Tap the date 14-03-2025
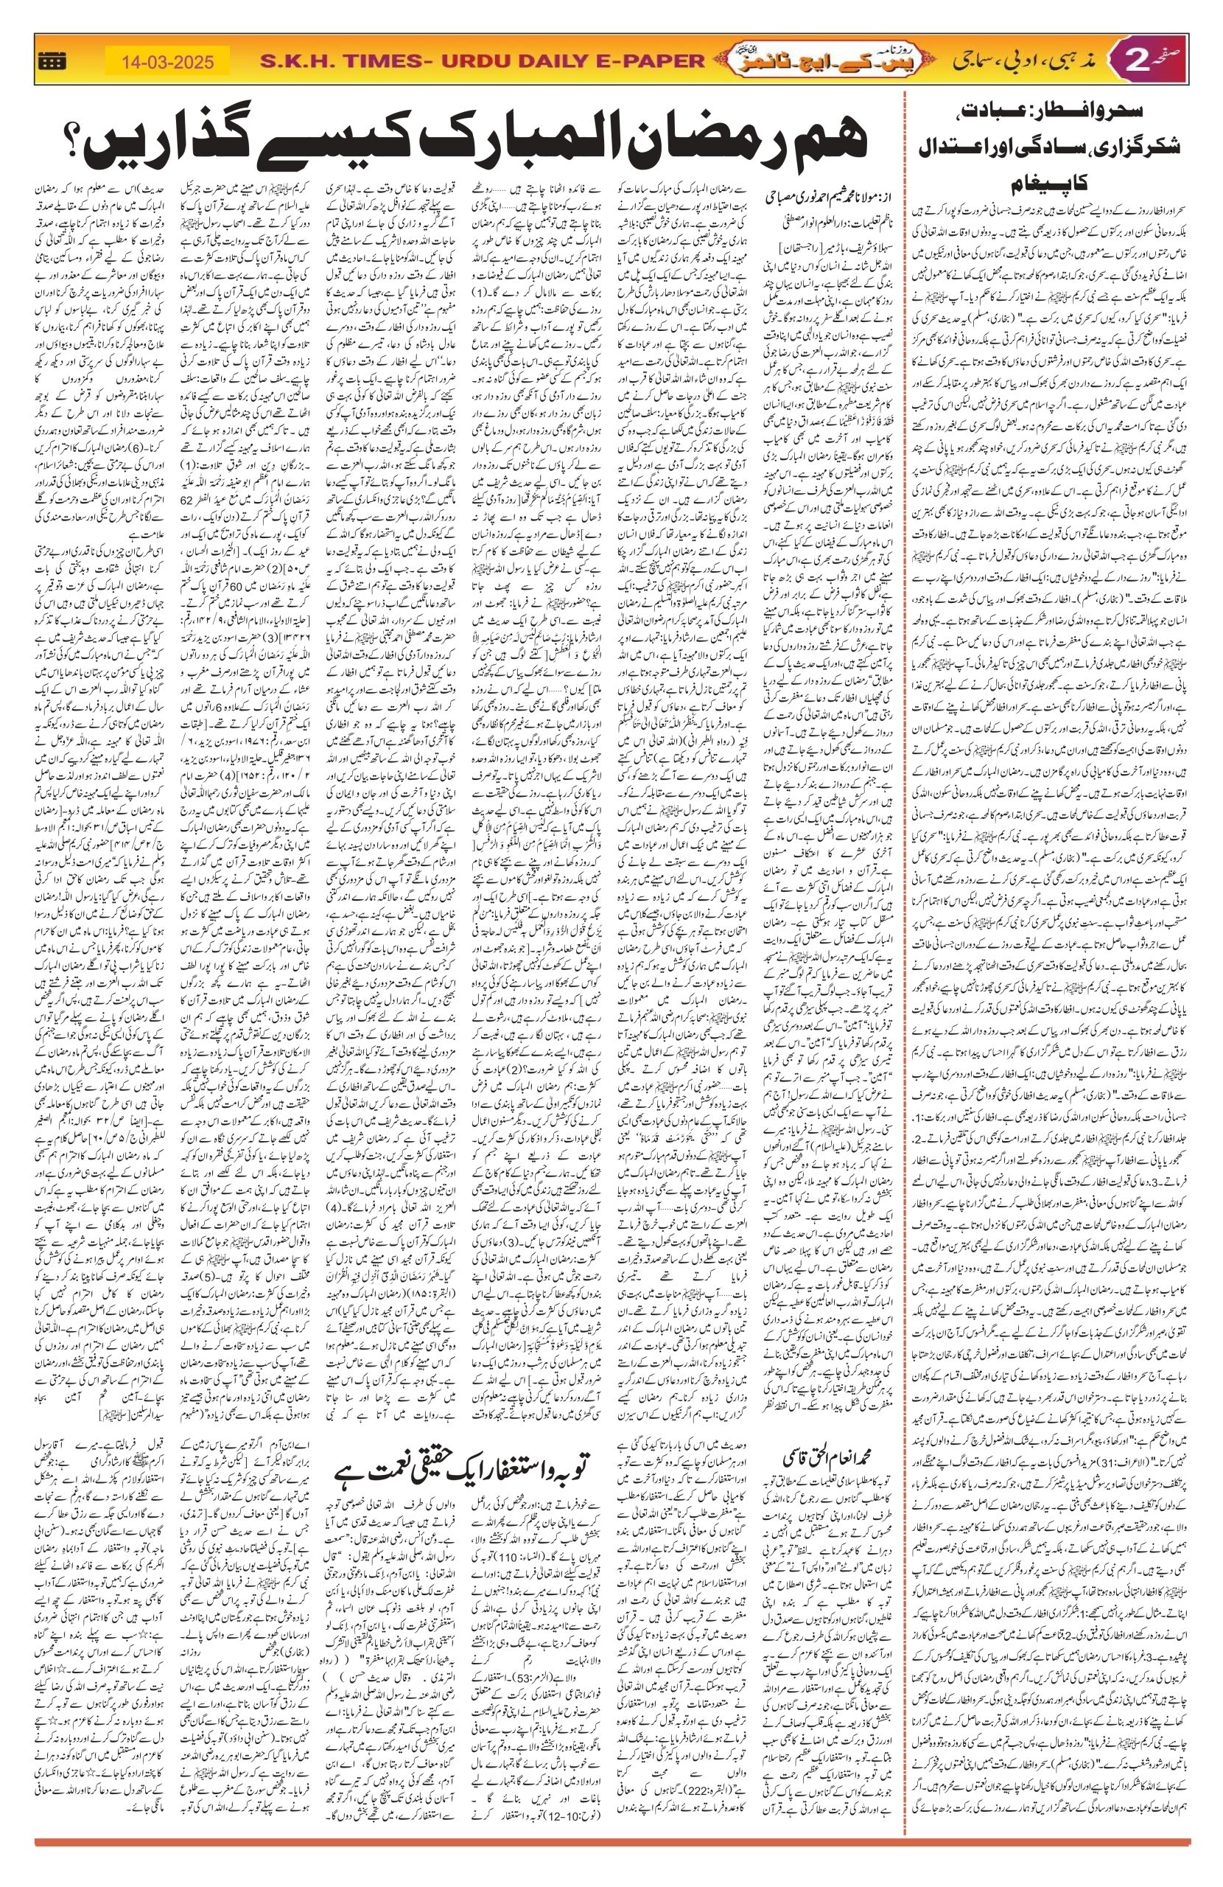168,62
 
